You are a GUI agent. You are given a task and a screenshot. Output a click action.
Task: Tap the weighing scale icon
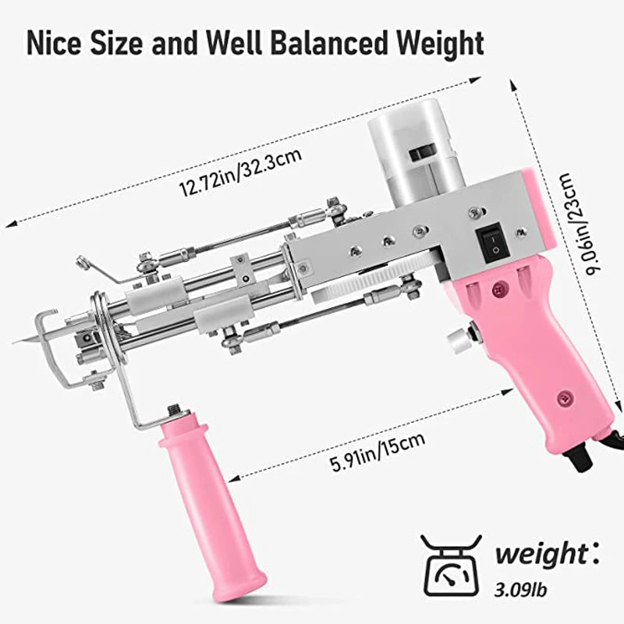[x=451, y=573]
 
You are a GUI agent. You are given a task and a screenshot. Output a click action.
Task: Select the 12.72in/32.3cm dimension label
[x=240, y=170]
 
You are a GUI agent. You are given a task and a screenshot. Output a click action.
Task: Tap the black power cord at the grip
[x=588, y=456]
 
